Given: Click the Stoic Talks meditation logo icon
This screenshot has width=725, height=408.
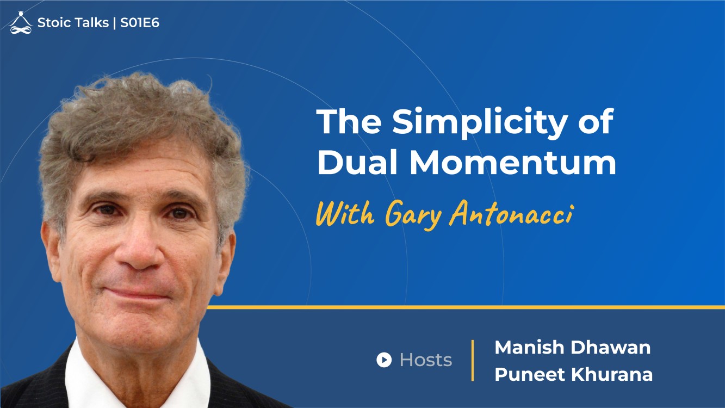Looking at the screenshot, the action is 21,23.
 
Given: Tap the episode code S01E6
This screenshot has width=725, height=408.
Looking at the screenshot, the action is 140,23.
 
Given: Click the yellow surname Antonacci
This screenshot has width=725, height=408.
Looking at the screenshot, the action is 511,213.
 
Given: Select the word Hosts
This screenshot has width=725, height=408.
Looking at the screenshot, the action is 426,360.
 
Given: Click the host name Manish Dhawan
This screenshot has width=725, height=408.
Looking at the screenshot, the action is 572,348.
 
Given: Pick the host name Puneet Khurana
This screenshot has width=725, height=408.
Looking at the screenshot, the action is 573,374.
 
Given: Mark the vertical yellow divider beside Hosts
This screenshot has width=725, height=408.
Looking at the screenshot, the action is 473,360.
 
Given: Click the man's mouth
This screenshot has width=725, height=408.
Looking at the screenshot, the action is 138,294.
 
